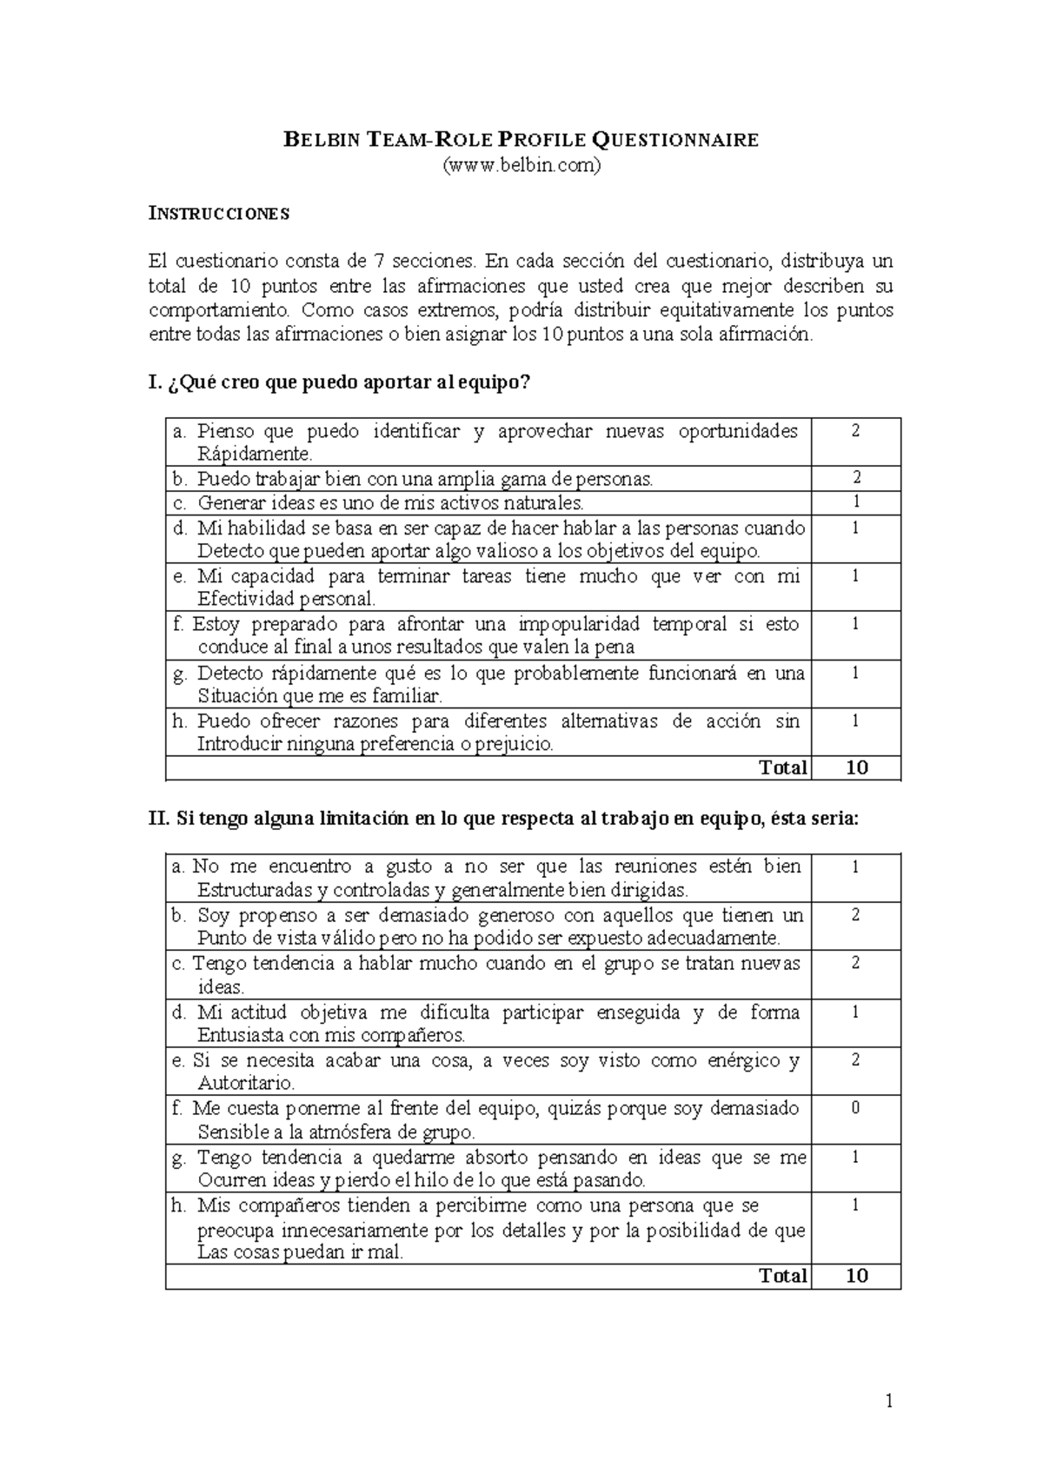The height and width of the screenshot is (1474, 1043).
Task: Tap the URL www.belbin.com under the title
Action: click(521, 165)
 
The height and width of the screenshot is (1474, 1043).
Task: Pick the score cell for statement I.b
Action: click(856, 477)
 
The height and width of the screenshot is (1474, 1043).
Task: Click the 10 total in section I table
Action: click(856, 767)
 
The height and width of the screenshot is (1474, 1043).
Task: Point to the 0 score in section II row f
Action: click(856, 1109)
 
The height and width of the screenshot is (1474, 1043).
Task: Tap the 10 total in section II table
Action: click(856, 1276)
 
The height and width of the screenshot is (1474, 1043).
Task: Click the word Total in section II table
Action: click(783, 1276)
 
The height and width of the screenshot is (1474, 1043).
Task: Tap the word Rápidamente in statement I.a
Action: click(253, 455)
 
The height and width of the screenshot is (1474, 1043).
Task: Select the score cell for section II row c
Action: click(856, 963)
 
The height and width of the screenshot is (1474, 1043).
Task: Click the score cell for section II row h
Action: click(856, 1205)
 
